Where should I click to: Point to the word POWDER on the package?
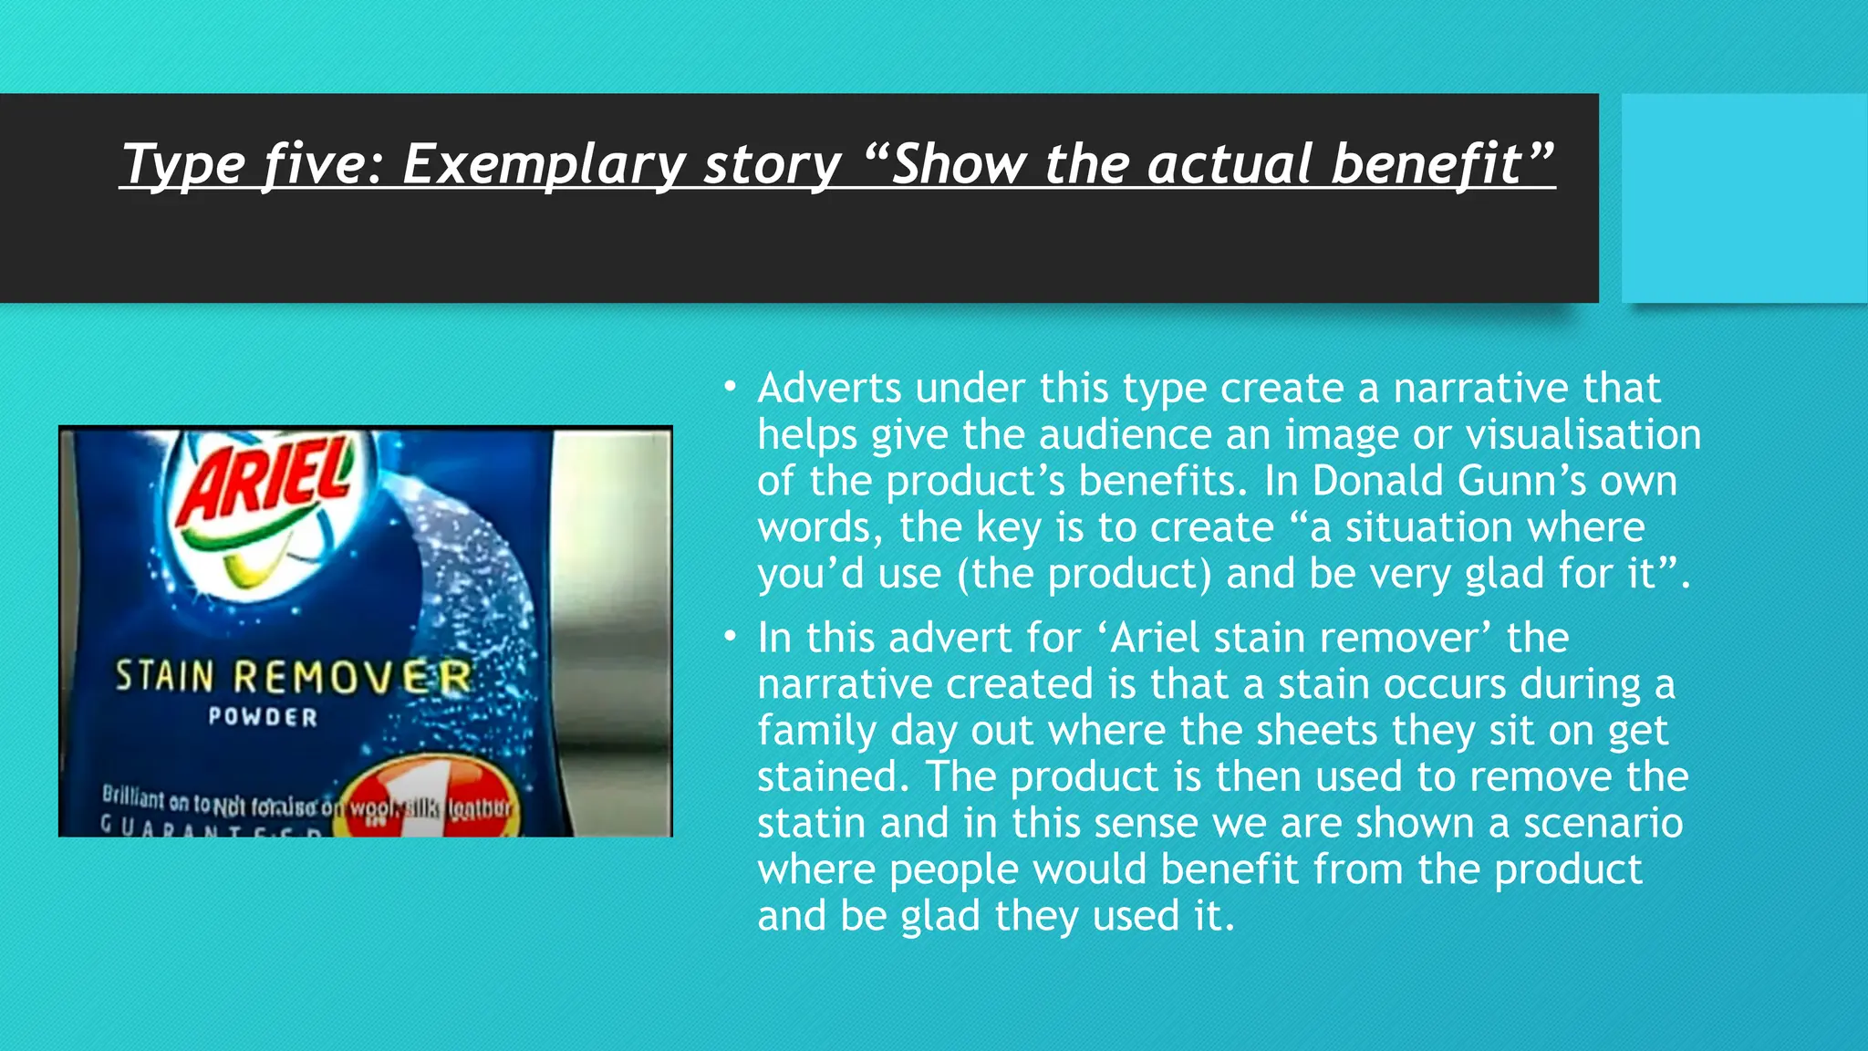click(263, 717)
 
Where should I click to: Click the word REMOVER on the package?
click(352, 678)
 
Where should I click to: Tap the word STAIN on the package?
click(165, 677)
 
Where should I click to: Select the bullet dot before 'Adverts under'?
click(730, 388)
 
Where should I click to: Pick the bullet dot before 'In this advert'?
click(730, 637)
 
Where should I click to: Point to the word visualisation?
click(1583, 434)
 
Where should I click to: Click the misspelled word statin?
click(812, 823)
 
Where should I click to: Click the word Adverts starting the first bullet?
click(829, 388)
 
